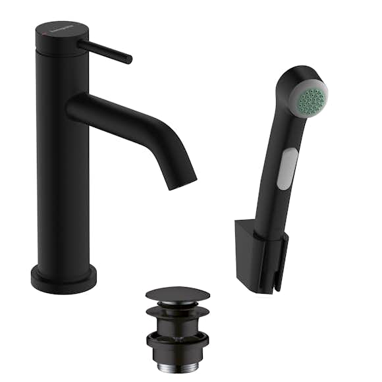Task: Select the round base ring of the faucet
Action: [x=63, y=281]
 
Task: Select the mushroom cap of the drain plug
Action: [x=178, y=294]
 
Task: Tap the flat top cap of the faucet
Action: [x=61, y=31]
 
